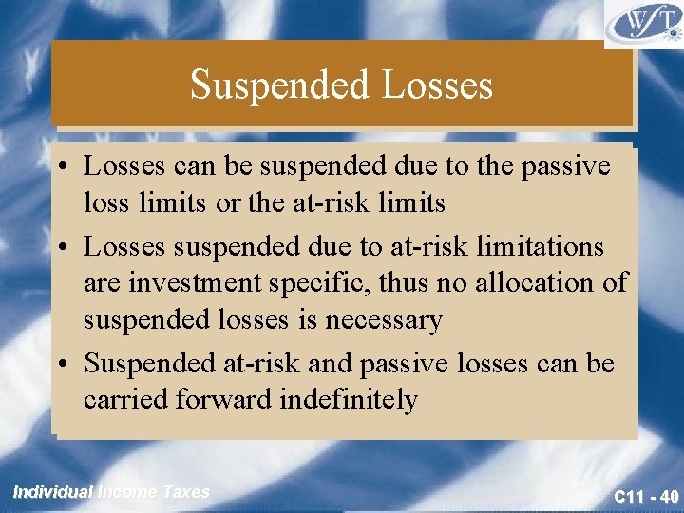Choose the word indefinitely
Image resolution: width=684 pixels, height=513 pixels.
(x=349, y=400)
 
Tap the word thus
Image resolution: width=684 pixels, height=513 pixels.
(x=409, y=283)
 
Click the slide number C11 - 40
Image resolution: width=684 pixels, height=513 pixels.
(x=645, y=496)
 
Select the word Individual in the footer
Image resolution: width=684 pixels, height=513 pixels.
(x=53, y=492)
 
